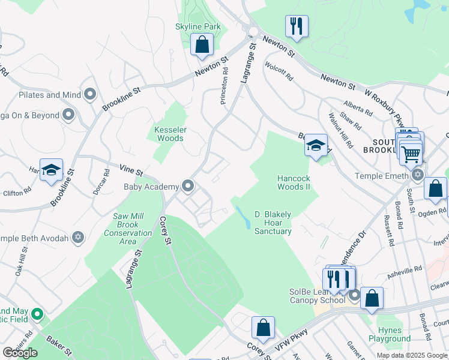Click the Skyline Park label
click(x=198, y=27)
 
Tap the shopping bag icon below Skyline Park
click(x=202, y=44)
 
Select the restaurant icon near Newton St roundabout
click(x=297, y=26)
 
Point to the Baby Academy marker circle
click(x=188, y=186)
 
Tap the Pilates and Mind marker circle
click(x=91, y=94)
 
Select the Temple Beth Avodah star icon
click(x=77, y=238)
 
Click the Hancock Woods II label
click(x=294, y=182)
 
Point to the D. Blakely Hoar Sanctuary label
click(x=273, y=223)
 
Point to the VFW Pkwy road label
click(x=292, y=336)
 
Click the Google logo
click(x=20, y=353)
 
